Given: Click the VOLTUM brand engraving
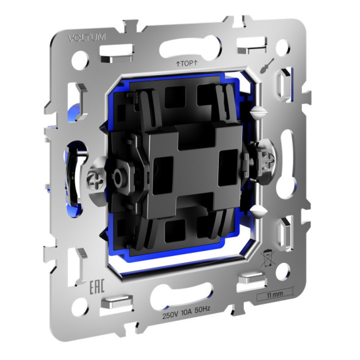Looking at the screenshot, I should [x=87, y=38].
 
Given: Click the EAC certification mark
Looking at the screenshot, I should [x=78, y=269].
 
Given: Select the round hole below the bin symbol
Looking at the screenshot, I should [x=282, y=270].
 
